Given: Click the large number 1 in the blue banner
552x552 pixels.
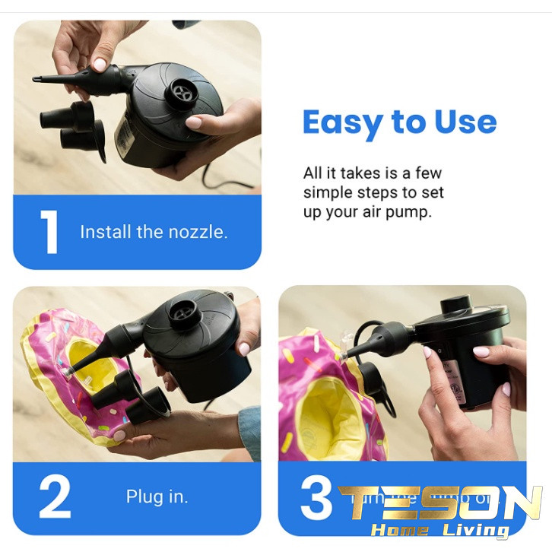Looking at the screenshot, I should tap(49, 231).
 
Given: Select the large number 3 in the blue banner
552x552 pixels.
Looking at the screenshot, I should tap(316, 498).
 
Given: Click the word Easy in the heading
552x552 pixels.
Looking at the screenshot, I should tap(343, 122).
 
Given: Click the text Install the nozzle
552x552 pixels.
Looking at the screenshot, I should tap(154, 232).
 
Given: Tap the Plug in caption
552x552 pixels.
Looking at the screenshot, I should tap(157, 497).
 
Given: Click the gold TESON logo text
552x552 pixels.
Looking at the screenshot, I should tap(440, 503).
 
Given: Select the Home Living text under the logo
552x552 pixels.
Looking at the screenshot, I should tap(440, 530).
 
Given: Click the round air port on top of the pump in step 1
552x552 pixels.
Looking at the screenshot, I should tap(182, 93).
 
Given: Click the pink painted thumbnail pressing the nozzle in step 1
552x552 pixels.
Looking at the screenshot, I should tap(99, 65).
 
